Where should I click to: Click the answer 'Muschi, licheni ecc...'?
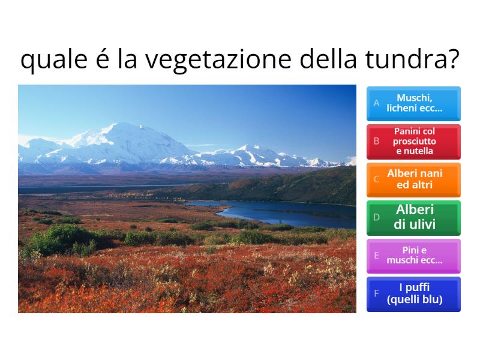414,104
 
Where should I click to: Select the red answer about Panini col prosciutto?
414,142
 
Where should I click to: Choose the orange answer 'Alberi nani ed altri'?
414,179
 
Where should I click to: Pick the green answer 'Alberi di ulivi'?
414,218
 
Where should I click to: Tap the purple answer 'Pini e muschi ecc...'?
414,256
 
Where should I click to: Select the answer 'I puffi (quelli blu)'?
414,294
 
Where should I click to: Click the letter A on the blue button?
377,103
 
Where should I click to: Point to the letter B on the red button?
377,142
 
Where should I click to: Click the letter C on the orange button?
377,179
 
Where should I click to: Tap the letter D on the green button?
377,218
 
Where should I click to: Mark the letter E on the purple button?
377,256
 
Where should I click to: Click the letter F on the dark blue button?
377,294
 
